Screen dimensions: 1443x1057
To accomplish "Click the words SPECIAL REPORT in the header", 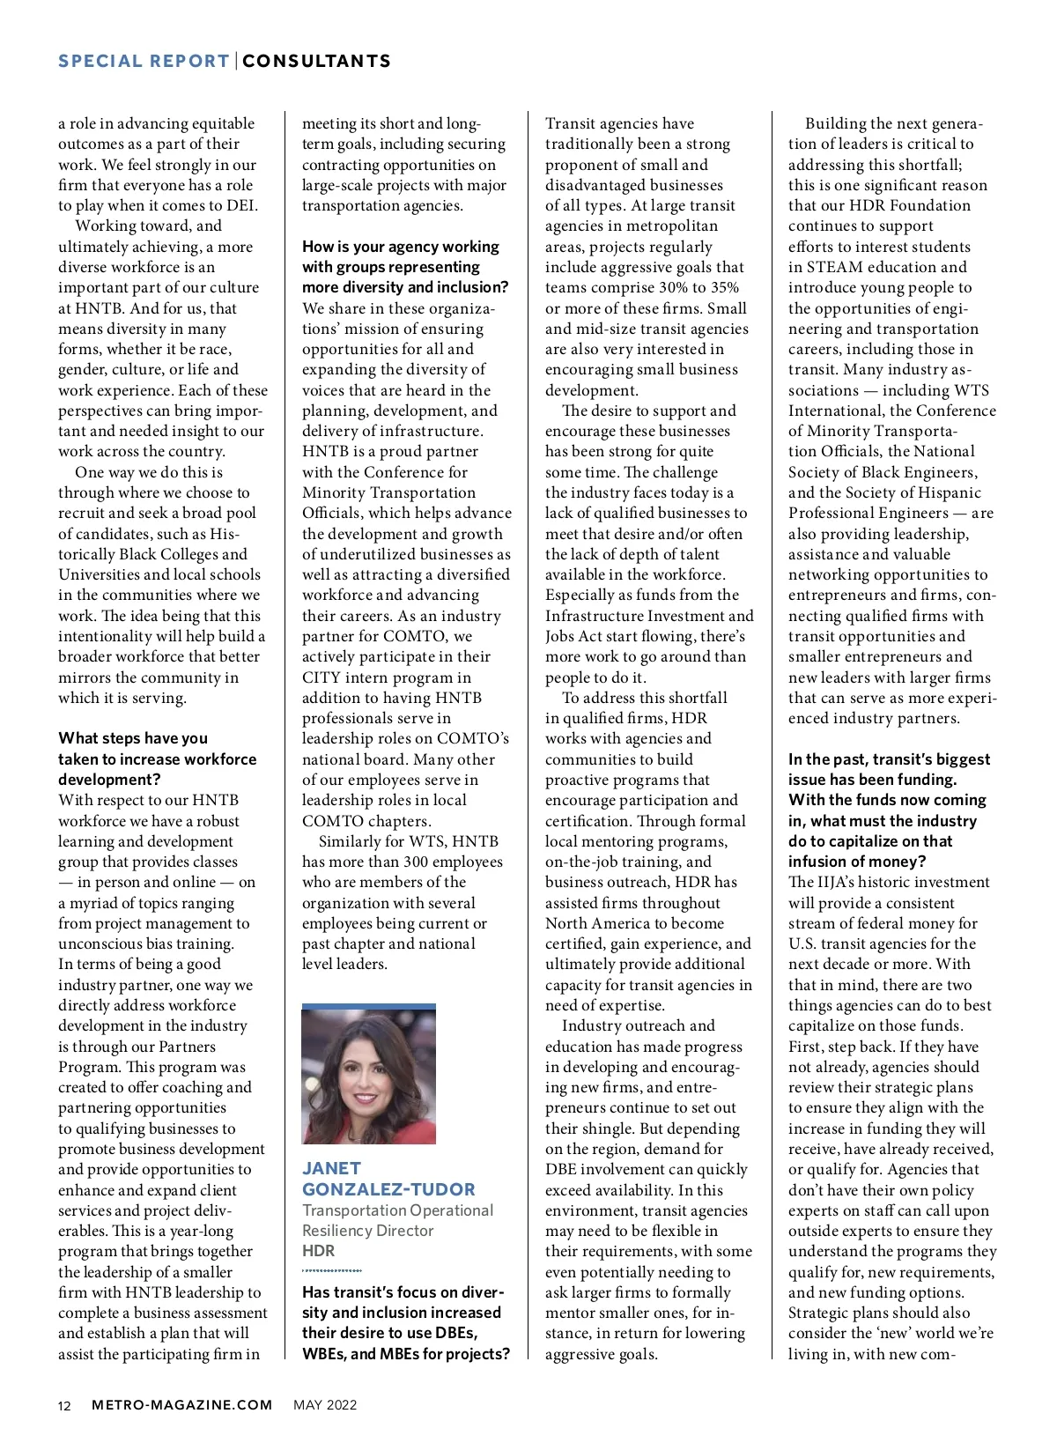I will pos(144,61).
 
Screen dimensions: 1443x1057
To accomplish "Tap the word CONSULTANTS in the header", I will pos(317,61).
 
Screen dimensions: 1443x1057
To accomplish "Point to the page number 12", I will pos(64,1405).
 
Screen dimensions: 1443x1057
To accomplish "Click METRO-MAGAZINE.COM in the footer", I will pos(182,1405).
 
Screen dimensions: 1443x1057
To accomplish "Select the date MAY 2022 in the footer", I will pos(325,1405).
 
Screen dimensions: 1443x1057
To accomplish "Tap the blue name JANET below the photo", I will pos(331,1168).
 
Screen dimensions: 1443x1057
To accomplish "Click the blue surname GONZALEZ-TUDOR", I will pos(388,1189).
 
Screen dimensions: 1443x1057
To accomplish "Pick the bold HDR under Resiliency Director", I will pos(318,1251).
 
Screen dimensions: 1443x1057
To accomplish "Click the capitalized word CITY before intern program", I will pos(322,677).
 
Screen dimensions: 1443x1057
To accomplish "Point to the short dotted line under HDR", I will pos(331,1270).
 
